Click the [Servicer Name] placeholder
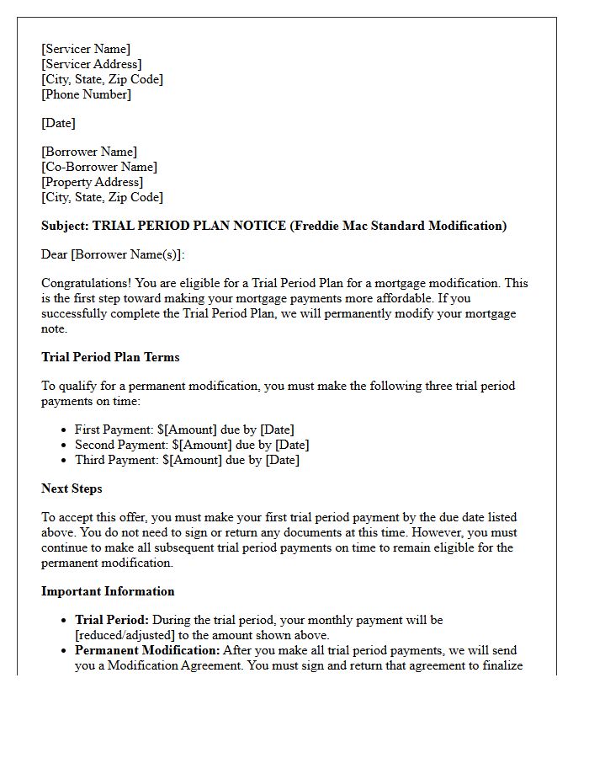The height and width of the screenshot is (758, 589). [x=86, y=49]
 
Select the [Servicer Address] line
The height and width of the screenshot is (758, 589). [x=92, y=64]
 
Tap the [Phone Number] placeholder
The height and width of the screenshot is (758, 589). [x=87, y=94]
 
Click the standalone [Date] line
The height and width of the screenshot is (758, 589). [x=58, y=123]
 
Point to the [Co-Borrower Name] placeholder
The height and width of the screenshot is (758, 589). [x=99, y=167]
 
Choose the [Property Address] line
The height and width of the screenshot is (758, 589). [x=93, y=182]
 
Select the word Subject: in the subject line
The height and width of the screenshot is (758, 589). [x=65, y=226]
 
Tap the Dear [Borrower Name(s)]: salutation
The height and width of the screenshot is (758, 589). [x=113, y=254]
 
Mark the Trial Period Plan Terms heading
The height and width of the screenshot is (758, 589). [x=110, y=357]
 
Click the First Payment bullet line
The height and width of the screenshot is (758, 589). [x=187, y=430]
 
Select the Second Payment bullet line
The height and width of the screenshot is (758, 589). [x=192, y=445]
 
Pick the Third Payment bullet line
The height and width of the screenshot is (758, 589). [x=187, y=460]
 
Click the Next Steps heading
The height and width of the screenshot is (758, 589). [x=72, y=488]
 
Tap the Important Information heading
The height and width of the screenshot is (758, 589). [x=108, y=591]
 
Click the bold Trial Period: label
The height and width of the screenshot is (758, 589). [x=112, y=620]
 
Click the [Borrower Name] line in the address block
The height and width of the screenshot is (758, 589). [x=89, y=152]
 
